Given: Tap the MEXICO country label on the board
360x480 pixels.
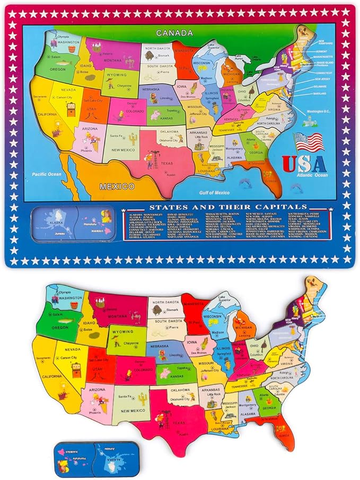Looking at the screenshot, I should (x=116, y=186).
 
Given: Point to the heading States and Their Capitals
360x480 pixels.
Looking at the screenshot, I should (x=228, y=207).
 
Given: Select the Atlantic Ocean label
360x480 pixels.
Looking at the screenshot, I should (x=313, y=175).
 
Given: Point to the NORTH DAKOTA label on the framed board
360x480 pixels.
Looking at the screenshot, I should (x=157, y=48).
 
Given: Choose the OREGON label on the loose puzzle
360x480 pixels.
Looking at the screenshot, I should (x=59, y=327).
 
